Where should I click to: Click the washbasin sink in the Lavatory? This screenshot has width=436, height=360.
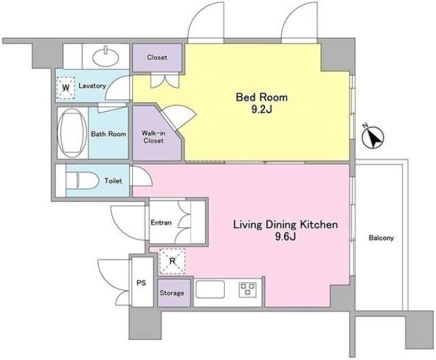[106, 56]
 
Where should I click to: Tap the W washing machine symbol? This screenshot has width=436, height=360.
[66, 88]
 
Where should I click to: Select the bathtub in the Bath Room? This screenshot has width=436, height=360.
[72, 133]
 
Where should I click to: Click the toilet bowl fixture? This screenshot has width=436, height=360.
[82, 181]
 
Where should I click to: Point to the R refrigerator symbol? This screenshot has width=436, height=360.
[172, 261]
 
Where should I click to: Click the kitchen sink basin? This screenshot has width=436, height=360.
[210, 289]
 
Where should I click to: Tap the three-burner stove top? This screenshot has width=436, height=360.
[247, 290]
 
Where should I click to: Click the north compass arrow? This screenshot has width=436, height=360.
[373, 137]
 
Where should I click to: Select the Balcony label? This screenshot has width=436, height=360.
[381, 238]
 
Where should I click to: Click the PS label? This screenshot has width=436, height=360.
[141, 283]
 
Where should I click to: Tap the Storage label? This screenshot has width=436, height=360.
[172, 293]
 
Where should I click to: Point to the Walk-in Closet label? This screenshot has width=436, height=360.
[153, 137]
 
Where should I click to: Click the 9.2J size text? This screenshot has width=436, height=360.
[262, 110]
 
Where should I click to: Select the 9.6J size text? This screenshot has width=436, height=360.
[285, 237]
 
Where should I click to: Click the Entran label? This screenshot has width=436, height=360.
[161, 223]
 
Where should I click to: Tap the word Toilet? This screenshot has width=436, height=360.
[113, 181]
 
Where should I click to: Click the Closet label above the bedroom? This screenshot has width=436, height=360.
[157, 57]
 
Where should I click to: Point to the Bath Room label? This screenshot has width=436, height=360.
[108, 134]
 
